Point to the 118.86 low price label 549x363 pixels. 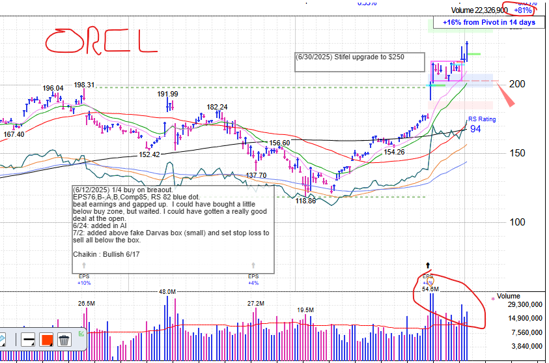point(306,201)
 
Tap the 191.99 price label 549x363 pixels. point(167,94)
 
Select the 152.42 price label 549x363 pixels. point(149,154)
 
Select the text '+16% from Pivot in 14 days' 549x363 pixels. point(489,22)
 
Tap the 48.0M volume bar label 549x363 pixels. point(167,291)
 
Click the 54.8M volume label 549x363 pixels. point(430,289)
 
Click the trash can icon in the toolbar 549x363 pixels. point(64,339)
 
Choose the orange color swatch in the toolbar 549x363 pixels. point(46,339)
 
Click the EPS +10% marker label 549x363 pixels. point(84,280)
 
